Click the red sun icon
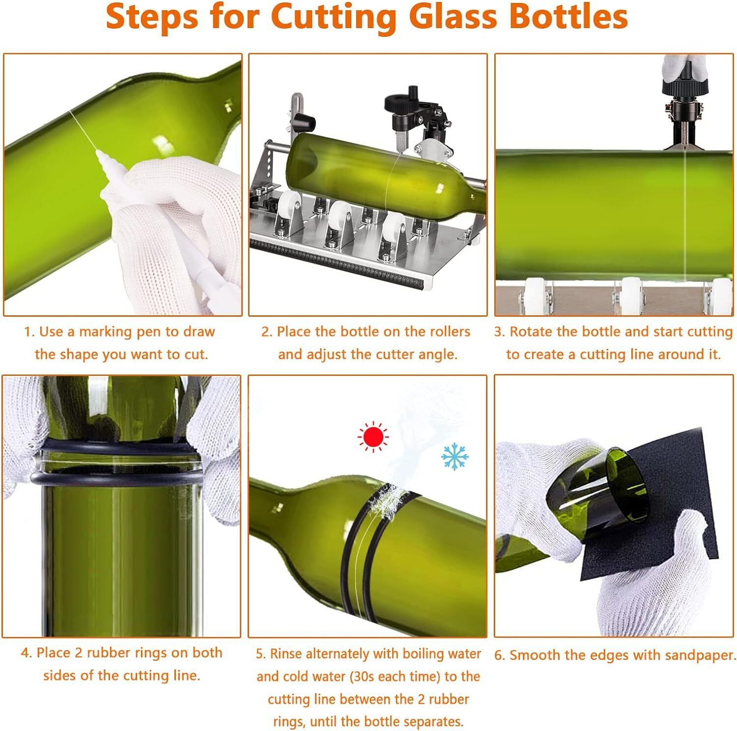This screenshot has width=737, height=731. (x=373, y=437)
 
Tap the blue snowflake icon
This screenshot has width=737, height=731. (x=454, y=456)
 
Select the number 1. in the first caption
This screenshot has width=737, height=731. (x=29, y=332)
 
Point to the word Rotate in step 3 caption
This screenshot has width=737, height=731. (x=531, y=332)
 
